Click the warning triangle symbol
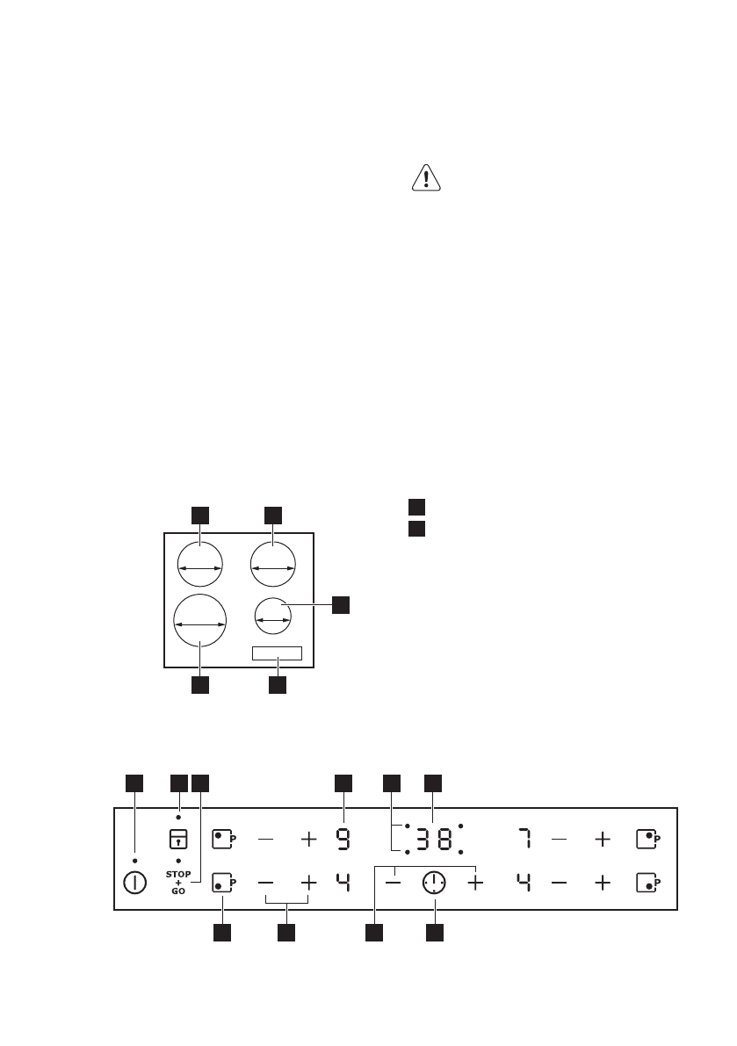point(427,178)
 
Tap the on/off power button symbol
point(134,883)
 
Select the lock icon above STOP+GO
point(178,839)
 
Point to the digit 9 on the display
point(343,840)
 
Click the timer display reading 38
point(434,840)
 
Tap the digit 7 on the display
point(524,840)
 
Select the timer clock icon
point(434,883)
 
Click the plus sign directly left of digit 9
point(309,840)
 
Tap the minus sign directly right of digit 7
point(560,840)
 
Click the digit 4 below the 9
point(343,883)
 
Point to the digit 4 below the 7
point(524,883)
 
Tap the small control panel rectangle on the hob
point(277,653)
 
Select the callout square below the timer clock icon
point(434,934)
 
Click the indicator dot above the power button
point(134,860)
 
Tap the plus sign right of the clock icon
point(475,883)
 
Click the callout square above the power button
point(134,782)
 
